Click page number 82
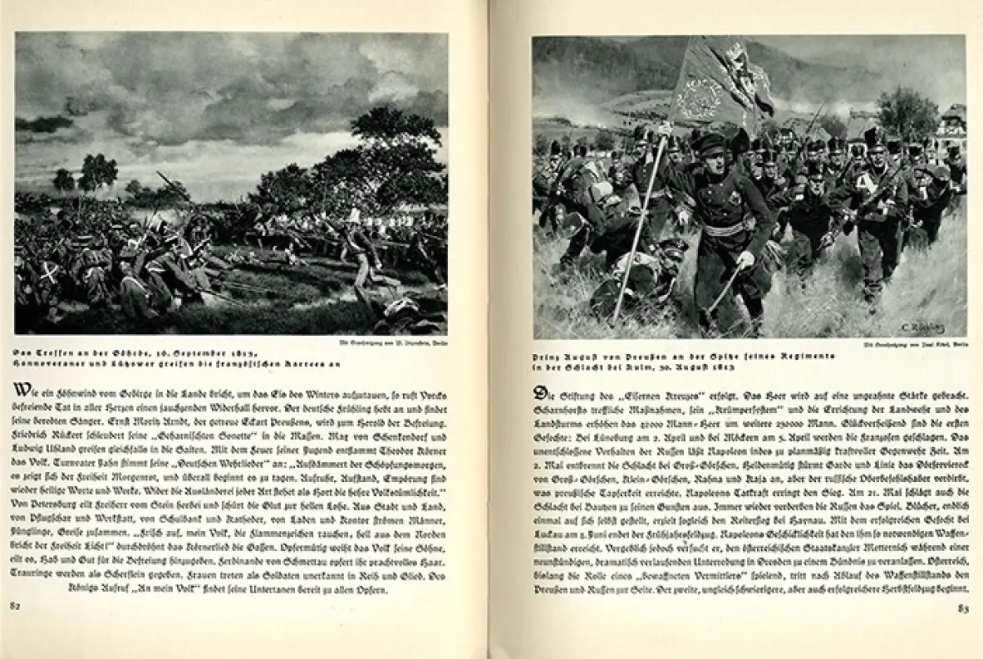15,606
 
